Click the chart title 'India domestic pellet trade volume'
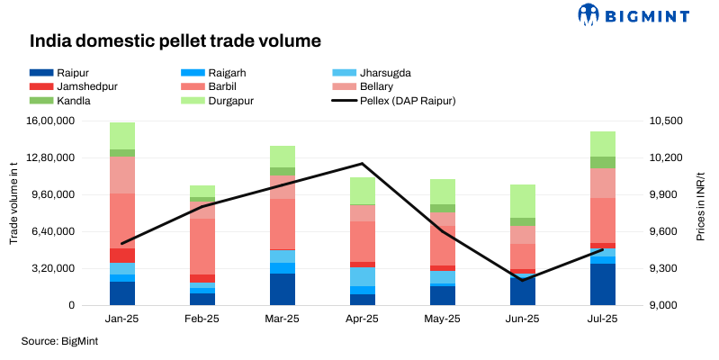[175, 41]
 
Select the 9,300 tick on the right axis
[662, 269]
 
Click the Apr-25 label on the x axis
[363, 319]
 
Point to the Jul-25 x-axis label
[603, 319]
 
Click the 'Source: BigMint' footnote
[59, 342]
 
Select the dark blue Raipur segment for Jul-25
[603, 284]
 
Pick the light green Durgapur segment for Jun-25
[523, 201]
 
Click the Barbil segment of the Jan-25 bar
[122, 220]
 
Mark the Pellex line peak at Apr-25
[363, 164]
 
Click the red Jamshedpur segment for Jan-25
[122, 256]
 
